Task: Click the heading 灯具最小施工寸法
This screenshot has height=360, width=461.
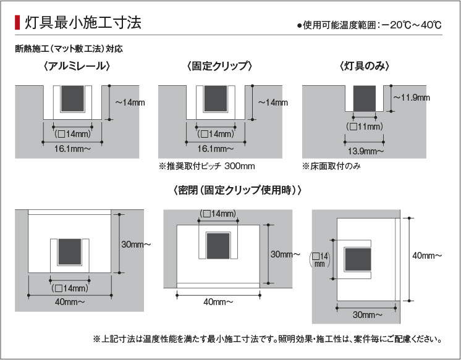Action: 83,23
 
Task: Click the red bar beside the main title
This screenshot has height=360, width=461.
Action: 17,23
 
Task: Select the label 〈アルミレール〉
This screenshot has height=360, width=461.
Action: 77,66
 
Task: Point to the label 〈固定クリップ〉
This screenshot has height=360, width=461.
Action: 220,66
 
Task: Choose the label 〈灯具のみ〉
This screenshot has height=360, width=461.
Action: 363,66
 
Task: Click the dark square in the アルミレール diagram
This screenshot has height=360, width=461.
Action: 73,97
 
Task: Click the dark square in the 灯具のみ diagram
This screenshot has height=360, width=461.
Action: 365,97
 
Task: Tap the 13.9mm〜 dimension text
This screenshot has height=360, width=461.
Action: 365,151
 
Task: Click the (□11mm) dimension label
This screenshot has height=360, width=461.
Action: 365,127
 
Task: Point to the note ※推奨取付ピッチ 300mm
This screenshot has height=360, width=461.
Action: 207,166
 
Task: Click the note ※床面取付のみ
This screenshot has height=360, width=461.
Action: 331,166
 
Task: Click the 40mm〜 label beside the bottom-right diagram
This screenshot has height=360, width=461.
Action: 426,254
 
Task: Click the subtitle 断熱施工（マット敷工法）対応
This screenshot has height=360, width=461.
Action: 73,48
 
